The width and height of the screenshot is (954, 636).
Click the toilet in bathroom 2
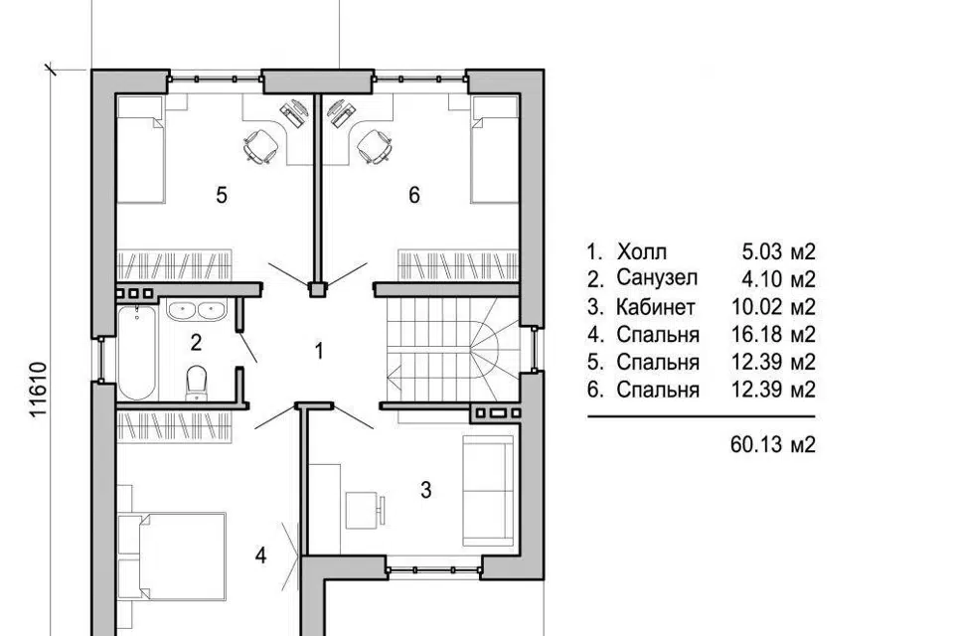(196, 383)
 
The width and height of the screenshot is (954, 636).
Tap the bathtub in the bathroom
(137, 353)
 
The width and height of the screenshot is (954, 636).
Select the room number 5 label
(222, 196)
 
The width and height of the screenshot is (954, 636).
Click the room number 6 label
(414, 196)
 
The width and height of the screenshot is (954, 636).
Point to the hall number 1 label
(319, 351)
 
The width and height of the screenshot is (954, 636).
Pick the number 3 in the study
(426, 489)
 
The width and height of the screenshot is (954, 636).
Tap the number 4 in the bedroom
(261, 556)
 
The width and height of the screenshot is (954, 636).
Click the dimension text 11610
(39, 390)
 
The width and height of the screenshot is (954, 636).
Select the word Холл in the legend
(642, 251)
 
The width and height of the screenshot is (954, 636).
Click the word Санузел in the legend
(657, 278)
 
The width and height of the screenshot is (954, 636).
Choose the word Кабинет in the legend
(655, 307)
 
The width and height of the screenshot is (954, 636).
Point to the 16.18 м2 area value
(773, 334)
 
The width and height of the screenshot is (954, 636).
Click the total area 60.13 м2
(773, 445)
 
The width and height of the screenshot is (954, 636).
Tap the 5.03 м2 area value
(779, 251)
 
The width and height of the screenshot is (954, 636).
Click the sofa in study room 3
(488, 491)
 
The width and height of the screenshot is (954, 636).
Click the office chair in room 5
(261, 146)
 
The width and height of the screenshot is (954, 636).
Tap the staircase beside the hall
(453, 350)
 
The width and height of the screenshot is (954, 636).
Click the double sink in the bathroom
(196, 310)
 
